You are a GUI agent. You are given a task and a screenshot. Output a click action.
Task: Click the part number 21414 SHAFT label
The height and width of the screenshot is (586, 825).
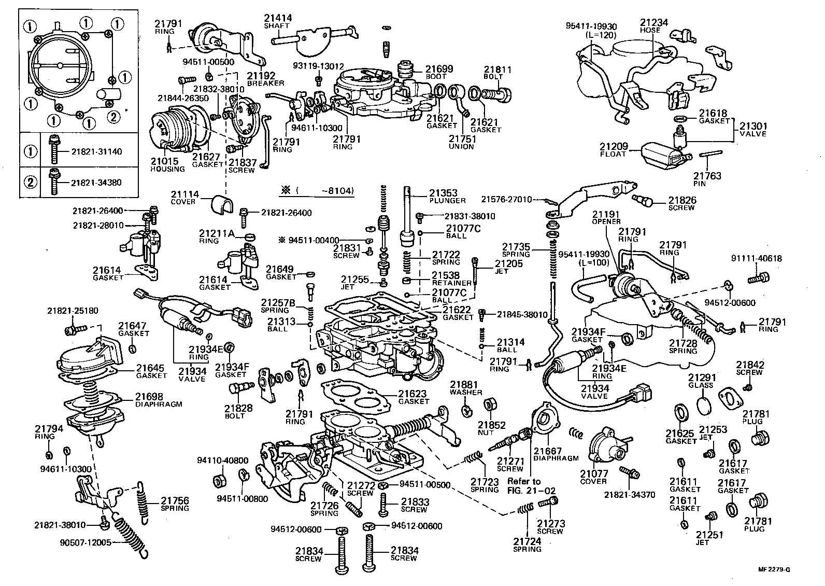pyautogui.click(x=277, y=21)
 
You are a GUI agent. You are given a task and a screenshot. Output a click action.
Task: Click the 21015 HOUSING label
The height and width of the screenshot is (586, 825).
pyautogui.click(x=167, y=165)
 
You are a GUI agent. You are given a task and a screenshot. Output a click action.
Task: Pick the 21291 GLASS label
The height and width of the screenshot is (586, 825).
pyautogui.click(x=701, y=381)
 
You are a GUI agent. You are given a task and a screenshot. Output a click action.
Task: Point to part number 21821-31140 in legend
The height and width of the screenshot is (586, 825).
pyautogui.click(x=96, y=151)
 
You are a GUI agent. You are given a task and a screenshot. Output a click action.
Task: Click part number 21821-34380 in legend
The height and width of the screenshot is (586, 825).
pyautogui.click(x=96, y=183)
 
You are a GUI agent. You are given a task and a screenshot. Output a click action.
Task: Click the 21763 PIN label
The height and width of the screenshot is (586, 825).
pyautogui.click(x=707, y=179)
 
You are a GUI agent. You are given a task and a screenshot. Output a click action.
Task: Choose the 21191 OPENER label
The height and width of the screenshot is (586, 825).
pyautogui.click(x=606, y=217)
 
